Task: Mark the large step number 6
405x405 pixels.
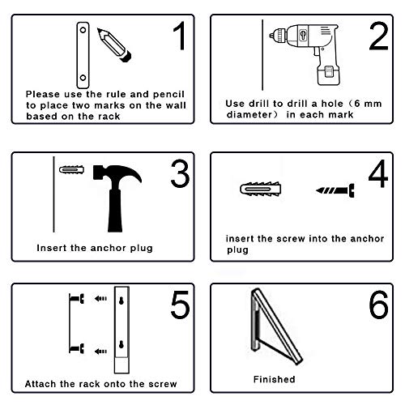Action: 377,309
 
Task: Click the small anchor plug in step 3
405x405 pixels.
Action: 70,170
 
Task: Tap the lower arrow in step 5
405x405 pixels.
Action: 100,350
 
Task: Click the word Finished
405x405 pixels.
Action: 274,378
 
